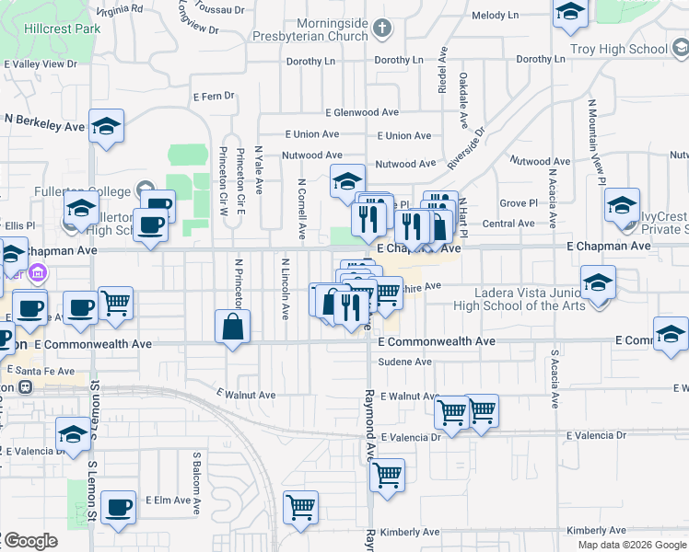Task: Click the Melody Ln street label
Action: click(495, 16)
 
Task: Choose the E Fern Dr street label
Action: click(216, 96)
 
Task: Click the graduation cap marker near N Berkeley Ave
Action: click(106, 127)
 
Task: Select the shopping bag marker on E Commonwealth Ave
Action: click(233, 328)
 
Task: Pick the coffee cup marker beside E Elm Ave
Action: click(118, 508)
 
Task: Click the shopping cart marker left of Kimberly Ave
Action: click(300, 509)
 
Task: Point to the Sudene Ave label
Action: click(405, 362)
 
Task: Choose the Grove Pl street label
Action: click(519, 202)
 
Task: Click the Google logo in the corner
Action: click(29, 542)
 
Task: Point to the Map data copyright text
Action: click(632, 545)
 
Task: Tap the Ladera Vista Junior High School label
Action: click(530, 299)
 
